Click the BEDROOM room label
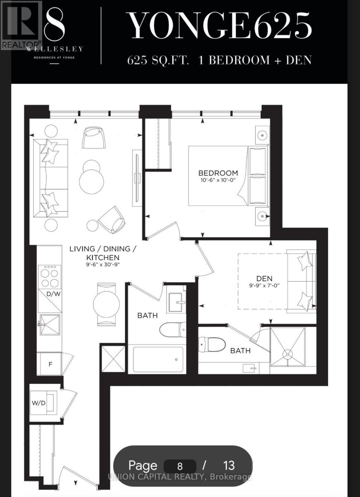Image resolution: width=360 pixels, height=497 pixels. tap(218, 173)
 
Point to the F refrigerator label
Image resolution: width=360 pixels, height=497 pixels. tap(51, 364)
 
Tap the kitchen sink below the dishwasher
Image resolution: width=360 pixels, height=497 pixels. tap(49, 324)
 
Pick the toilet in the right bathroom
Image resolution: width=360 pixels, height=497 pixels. tap(212, 344)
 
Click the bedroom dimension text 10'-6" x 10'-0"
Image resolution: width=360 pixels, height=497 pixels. tap(218, 181)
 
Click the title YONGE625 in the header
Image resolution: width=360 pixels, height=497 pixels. tap(219, 26)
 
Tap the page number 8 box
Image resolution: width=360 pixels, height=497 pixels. tap(179, 466)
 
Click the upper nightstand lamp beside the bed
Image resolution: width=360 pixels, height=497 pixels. tap(261, 135)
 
